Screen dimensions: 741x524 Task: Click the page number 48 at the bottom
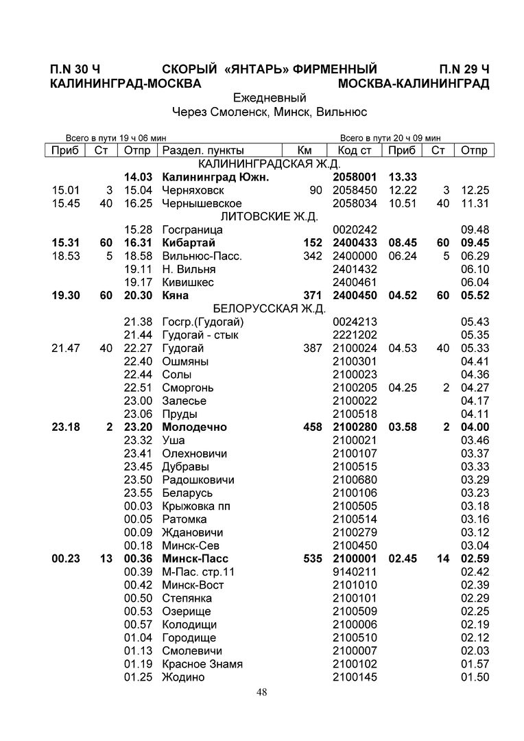pyautogui.click(x=262, y=692)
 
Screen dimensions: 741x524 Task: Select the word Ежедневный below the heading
pyautogui.click(x=270, y=97)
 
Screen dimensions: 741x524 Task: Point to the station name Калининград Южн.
pyautogui.click(x=215, y=177)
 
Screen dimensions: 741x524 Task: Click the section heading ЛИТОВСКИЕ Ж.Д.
pyautogui.click(x=270, y=217)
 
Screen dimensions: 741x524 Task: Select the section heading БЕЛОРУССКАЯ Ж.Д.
pyautogui.click(x=270, y=309)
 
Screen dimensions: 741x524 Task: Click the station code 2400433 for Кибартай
pyautogui.click(x=355, y=243)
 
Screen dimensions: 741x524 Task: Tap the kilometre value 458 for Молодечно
pyautogui.click(x=312, y=427)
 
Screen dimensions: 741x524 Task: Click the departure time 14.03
pyautogui.click(x=137, y=177)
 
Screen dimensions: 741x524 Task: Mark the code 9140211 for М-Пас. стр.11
pyautogui.click(x=355, y=572)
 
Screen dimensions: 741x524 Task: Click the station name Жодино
pyautogui.click(x=183, y=677)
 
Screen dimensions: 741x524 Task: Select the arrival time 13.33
pyautogui.click(x=403, y=177)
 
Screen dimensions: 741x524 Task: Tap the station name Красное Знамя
pyautogui.click(x=202, y=664)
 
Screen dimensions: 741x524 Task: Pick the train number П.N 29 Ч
pyautogui.click(x=464, y=69)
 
